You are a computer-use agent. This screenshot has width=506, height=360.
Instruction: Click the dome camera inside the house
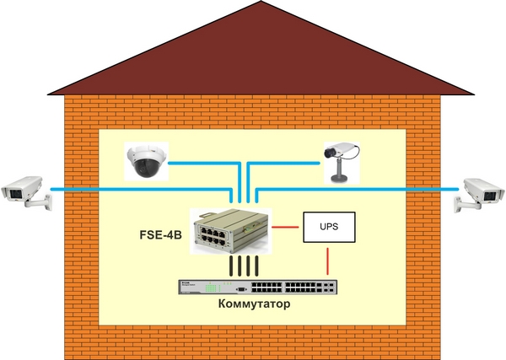(147, 161)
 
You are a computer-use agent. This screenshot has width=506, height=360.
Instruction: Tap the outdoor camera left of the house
(26, 192)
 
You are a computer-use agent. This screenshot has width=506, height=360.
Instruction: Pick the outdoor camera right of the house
(480, 194)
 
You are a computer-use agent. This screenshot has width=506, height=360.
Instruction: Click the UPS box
(329, 227)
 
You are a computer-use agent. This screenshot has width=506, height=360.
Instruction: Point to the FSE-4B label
(160, 235)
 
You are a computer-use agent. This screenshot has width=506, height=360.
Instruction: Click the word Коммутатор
(254, 304)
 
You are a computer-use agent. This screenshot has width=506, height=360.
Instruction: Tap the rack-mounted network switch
(258, 287)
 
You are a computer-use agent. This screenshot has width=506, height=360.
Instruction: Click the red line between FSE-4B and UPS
(285, 227)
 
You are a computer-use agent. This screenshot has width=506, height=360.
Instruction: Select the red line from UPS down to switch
(328, 261)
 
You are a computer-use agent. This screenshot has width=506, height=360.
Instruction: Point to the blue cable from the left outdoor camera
(141, 190)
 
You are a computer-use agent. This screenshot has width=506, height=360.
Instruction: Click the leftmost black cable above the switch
(231, 266)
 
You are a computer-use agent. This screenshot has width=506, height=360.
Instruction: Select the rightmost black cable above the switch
(256, 266)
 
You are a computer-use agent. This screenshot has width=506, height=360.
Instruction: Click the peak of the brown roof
(261, 2)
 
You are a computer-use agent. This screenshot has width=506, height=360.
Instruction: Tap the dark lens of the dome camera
(145, 167)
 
